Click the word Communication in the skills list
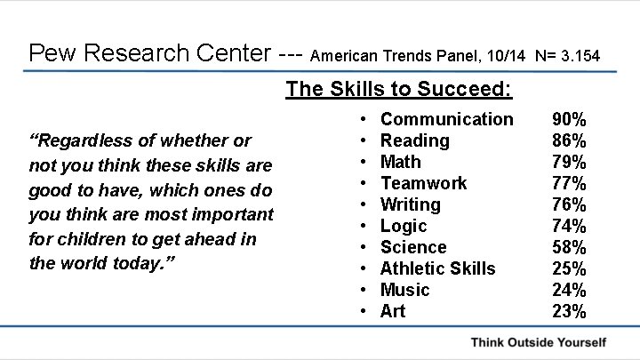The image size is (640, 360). (446, 119)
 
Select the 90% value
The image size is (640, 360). (569, 119)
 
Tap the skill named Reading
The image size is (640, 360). (414, 140)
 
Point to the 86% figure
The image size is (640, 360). (569, 140)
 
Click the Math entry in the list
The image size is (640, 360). (400, 162)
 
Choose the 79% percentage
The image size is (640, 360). (569, 162)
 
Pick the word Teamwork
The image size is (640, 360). (423, 183)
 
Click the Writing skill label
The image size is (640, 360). (410, 204)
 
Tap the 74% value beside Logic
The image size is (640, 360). (569, 226)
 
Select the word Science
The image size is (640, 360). (413, 247)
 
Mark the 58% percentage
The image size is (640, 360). (569, 247)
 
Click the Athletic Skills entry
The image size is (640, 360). (437, 268)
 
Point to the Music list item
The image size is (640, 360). (404, 290)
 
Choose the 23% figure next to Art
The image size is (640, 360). (569, 311)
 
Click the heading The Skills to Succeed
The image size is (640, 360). (399, 90)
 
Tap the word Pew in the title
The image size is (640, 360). (50, 52)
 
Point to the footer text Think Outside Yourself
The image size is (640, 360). (539, 342)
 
